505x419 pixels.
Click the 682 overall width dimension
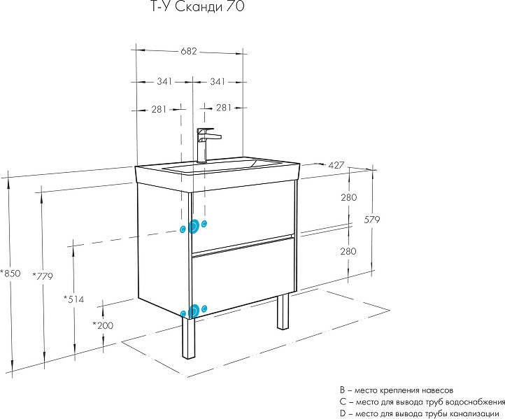tap(188, 51)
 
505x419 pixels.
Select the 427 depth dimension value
tap(336, 165)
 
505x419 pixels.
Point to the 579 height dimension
tap(371, 220)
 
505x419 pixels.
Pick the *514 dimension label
tap(74, 299)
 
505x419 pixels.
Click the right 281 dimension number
tap(224, 108)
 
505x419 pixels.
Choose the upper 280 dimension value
tap(349, 198)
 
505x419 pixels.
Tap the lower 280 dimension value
tap(349, 251)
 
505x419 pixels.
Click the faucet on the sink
tap(204, 144)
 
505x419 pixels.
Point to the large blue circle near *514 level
tap(194, 227)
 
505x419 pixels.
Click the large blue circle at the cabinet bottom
tap(194, 309)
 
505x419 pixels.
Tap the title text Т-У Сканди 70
tap(199, 8)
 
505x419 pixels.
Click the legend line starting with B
tap(396, 388)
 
